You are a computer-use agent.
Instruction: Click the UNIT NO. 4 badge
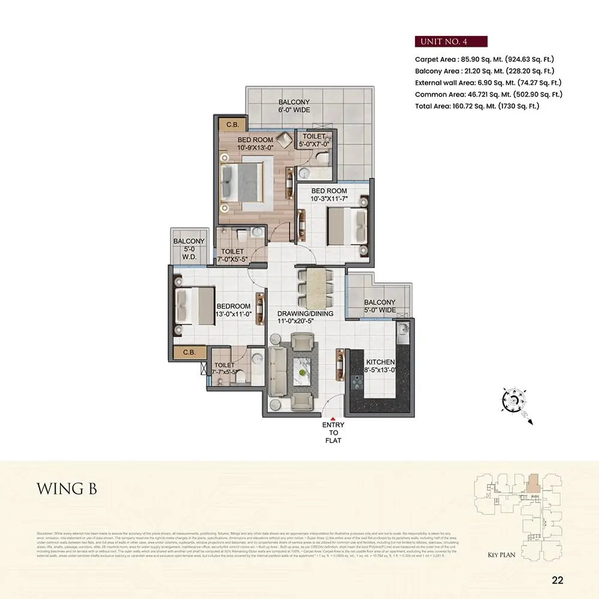tap(450, 41)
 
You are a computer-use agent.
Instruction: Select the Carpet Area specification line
tap(485, 59)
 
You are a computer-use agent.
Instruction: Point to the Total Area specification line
tap(477, 105)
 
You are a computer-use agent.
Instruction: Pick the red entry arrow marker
tap(333, 417)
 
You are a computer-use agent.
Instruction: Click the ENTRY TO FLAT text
tap(333, 433)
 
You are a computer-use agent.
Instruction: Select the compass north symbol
tap(514, 398)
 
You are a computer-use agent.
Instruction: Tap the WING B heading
tap(66, 488)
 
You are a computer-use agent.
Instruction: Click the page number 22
tap(557, 579)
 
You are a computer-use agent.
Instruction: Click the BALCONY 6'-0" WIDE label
tap(294, 106)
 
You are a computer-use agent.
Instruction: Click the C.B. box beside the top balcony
tap(231, 124)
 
